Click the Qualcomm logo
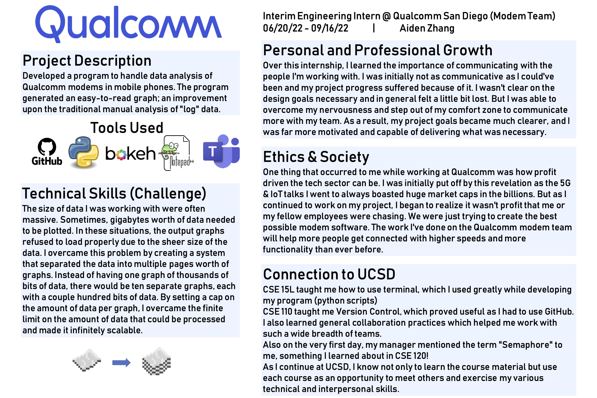tap(128, 24)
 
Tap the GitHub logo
tap(47, 152)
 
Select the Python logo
tap(84, 152)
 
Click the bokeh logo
tap(130, 153)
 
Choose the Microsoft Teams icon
tap(221, 151)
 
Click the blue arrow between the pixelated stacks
tap(121, 363)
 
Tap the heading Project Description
tap(87, 61)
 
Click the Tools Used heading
tap(127, 128)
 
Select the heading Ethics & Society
tap(316, 157)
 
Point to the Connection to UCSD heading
tap(329, 274)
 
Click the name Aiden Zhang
tap(427, 28)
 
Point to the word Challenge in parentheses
tap(168, 194)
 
